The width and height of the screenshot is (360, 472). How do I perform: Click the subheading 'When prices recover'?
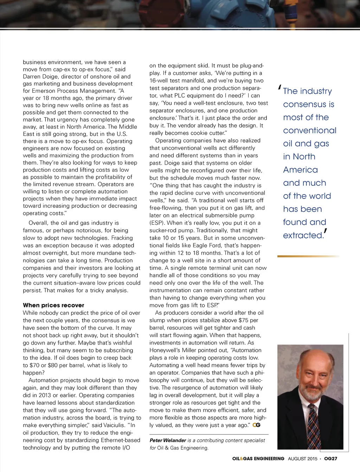[53, 305]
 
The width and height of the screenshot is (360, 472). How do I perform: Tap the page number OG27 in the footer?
[330, 458]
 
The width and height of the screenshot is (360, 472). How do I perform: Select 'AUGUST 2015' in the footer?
[302, 458]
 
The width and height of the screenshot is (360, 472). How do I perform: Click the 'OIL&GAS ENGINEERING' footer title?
[258, 458]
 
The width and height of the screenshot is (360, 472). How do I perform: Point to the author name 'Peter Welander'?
[168, 440]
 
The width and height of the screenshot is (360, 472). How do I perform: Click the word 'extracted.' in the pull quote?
[303, 235]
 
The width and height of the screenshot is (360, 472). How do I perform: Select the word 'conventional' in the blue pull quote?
[310, 131]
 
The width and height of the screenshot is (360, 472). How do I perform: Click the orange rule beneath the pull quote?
[308, 256]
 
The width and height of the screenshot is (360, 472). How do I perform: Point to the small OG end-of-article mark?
[256, 425]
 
